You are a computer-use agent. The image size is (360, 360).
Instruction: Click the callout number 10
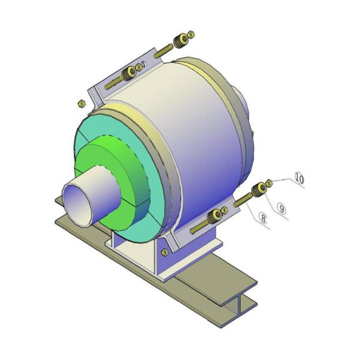tap(299, 178)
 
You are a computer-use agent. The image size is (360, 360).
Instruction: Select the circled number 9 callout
tap(281, 208)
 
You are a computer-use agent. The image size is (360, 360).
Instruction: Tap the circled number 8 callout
tap(263, 218)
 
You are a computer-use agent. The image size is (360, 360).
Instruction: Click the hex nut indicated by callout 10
tap(269, 183)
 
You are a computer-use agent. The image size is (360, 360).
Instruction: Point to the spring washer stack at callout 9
tap(259, 189)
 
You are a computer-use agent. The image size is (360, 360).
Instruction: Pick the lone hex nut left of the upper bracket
tap(82, 103)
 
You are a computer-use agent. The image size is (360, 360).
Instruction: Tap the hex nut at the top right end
tap(191, 34)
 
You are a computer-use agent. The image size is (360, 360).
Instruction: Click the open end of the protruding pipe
tap(77, 205)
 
